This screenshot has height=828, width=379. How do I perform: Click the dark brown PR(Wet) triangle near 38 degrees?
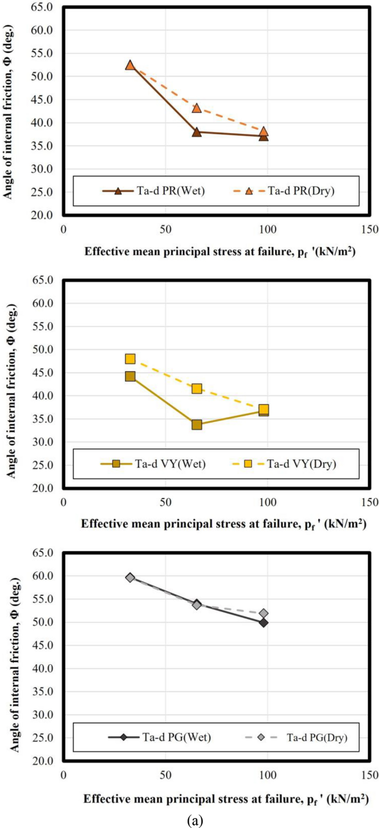click(196, 132)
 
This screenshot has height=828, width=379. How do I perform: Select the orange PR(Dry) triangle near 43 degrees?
click(196, 107)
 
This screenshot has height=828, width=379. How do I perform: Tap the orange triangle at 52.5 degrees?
click(130, 65)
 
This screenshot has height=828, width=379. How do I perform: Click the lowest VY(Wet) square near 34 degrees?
click(196, 425)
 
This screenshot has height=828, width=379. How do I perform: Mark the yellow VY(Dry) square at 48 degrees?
click(130, 359)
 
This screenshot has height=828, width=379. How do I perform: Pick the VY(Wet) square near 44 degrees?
click(130, 377)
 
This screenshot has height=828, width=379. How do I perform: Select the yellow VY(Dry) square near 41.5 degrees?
click(196, 389)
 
